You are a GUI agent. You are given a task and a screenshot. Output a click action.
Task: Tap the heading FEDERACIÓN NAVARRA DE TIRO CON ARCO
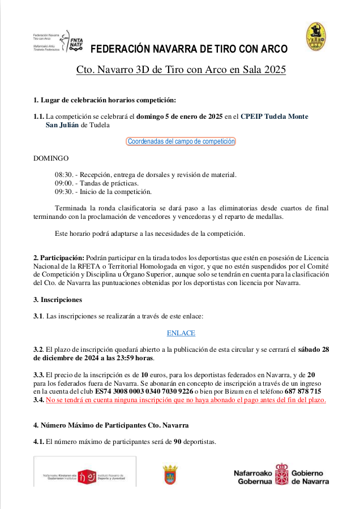pos(189,49)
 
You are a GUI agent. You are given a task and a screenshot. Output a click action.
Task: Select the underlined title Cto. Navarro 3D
pos(181,70)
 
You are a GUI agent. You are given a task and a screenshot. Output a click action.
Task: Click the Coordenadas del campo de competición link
pos(181,141)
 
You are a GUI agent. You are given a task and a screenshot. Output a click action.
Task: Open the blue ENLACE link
pos(181,333)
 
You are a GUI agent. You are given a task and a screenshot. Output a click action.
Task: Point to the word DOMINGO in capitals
pos(51,158)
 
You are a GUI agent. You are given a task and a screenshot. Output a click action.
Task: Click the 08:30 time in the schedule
pos(63,175)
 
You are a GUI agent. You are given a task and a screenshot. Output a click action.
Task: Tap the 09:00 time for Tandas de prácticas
pos(63,184)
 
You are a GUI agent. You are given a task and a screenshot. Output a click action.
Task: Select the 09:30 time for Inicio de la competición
pos(63,192)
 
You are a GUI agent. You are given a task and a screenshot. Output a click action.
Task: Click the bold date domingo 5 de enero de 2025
pos(179,117)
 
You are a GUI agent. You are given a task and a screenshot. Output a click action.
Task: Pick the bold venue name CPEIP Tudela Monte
pos(275,117)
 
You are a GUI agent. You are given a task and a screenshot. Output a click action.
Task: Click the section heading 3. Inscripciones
pos(58,300)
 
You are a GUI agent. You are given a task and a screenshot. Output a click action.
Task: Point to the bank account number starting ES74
pos(144,391)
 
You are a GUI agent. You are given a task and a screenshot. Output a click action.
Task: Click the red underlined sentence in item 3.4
pos(186,400)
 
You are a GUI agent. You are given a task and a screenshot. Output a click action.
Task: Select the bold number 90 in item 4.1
pos(177,442)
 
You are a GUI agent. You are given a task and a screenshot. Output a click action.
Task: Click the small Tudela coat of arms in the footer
pos(170,475)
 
